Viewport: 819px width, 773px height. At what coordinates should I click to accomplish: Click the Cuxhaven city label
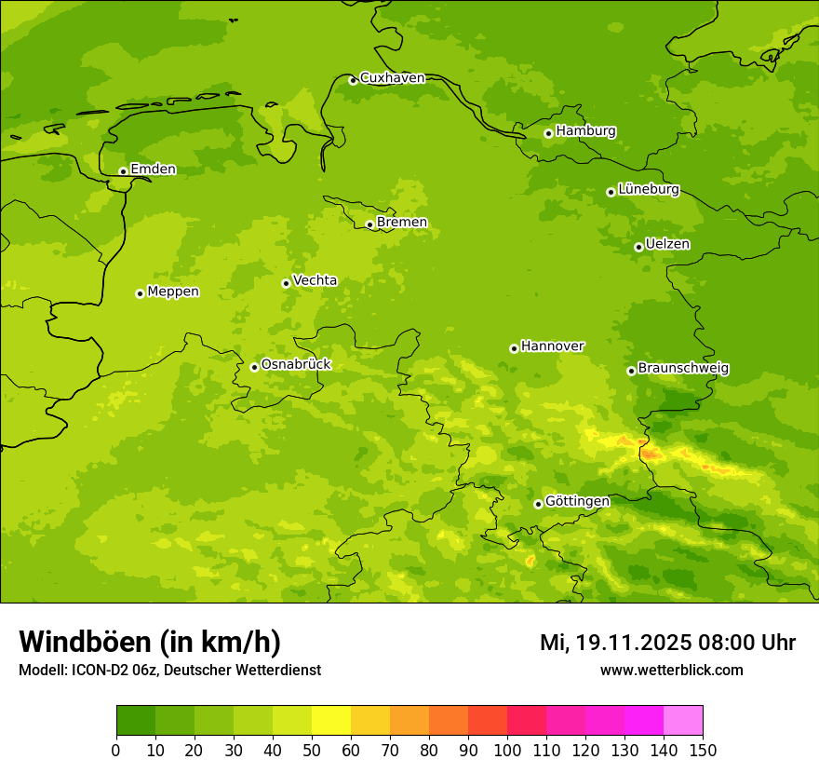tap(392, 78)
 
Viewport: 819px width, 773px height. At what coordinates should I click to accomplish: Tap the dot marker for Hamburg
tap(548, 133)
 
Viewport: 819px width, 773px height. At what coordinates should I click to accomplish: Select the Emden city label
tap(153, 170)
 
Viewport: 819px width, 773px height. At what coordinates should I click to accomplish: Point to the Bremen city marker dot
tap(369, 224)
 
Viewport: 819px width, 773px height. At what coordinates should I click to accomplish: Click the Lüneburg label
tap(649, 189)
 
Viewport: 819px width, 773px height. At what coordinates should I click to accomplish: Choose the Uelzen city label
tap(667, 244)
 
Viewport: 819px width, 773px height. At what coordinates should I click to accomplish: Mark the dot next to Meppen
tap(140, 293)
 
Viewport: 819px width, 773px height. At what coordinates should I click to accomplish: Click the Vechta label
tap(315, 280)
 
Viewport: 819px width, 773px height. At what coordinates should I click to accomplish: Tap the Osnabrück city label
tap(296, 364)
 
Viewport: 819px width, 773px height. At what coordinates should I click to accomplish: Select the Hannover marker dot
tap(514, 348)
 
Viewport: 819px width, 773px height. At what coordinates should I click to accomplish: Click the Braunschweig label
tap(683, 369)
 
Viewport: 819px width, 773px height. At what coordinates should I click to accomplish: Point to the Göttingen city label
tap(577, 501)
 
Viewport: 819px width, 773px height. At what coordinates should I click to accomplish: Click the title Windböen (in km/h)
tap(150, 642)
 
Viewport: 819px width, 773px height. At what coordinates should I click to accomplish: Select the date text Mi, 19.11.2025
tap(613, 643)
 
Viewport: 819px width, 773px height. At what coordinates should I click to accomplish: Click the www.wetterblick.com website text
tap(671, 670)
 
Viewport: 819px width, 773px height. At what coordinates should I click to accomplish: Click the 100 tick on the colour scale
tap(507, 750)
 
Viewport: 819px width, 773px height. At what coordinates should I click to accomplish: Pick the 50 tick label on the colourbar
tap(312, 750)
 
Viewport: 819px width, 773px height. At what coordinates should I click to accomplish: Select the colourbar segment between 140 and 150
tap(683, 721)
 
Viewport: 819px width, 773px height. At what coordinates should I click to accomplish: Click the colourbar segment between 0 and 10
tap(136, 721)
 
